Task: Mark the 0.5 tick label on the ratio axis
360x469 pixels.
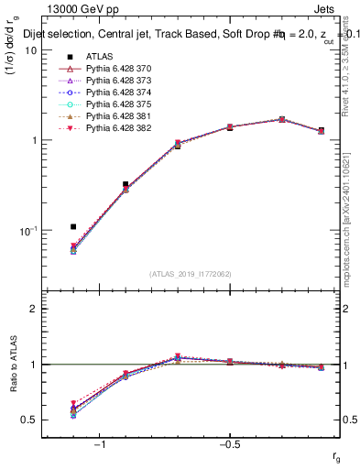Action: click(28, 420)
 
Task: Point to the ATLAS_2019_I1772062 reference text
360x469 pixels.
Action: click(189, 274)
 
